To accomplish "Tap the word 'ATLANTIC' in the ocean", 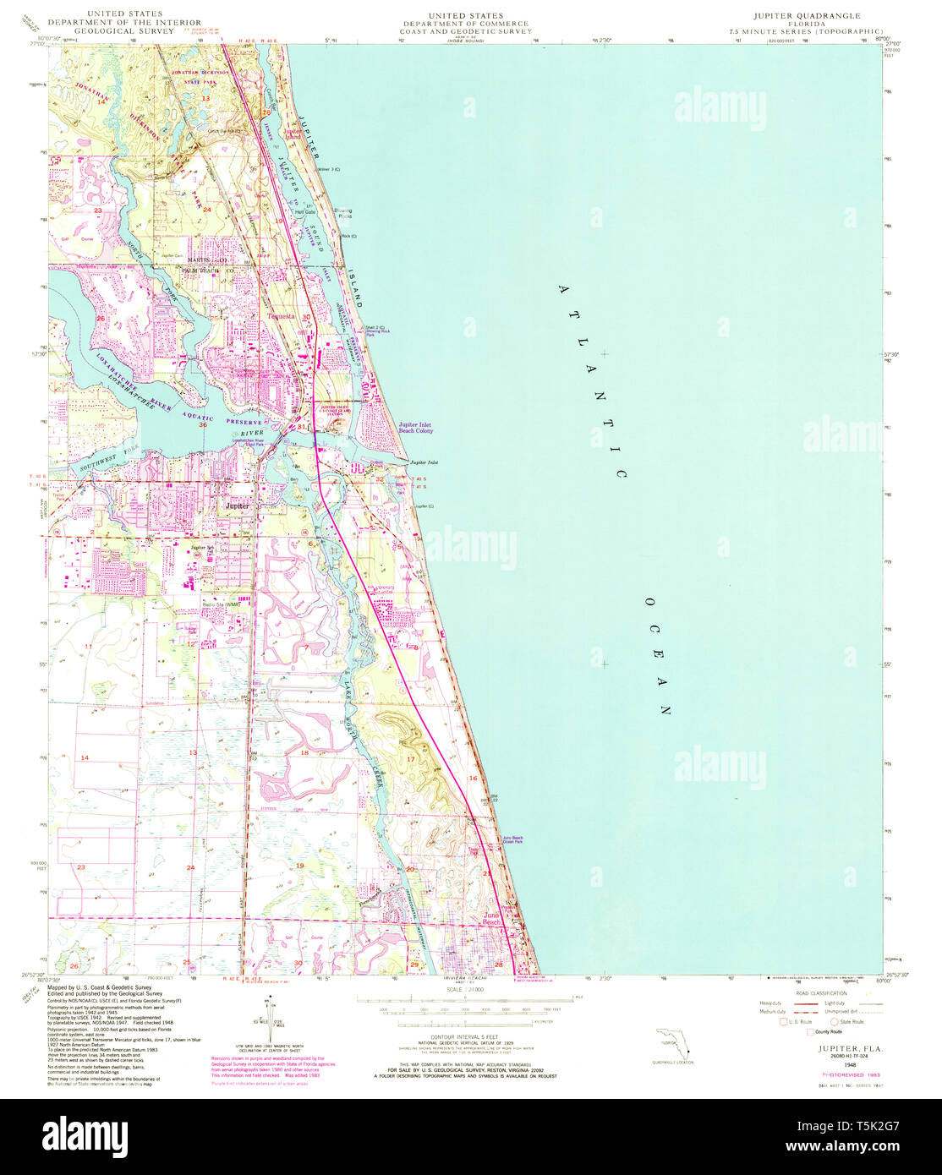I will click(592, 380).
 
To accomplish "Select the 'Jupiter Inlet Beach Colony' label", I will click(415, 428).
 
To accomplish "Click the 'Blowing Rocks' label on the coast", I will click(345, 215).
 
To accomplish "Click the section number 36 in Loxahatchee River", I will click(203, 424).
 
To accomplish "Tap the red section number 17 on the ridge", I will click(411, 760).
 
